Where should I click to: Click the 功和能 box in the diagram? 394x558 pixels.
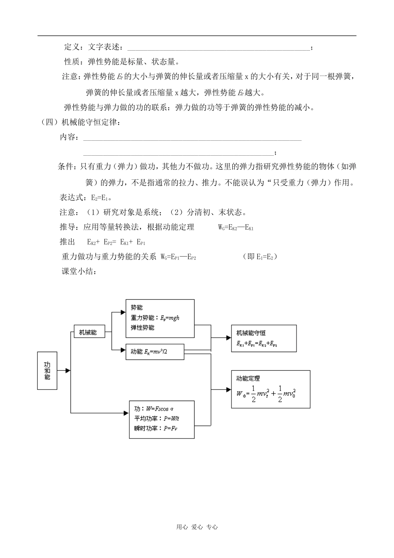[x=47, y=370]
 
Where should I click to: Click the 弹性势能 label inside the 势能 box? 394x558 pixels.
[x=143, y=328]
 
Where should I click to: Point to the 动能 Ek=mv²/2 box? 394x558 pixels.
[x=154, y=352]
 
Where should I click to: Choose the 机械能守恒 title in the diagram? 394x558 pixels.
[x=251, y=333]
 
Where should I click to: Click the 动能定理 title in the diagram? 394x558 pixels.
[x=248, y=378]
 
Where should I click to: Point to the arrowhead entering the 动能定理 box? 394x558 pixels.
[x=229, y=389]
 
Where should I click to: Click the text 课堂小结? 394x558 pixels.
[x=79, y=272]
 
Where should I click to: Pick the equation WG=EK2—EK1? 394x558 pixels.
[x=236, y=228]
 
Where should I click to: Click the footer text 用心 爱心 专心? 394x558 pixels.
[x=197, y=527]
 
